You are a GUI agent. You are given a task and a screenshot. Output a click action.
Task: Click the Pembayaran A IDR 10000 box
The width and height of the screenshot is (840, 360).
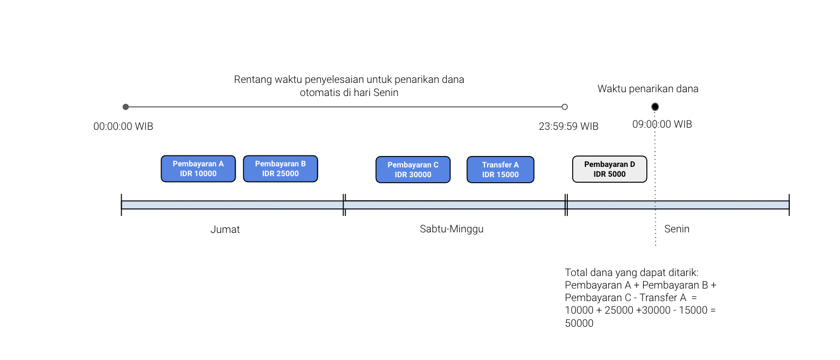coord(199,169)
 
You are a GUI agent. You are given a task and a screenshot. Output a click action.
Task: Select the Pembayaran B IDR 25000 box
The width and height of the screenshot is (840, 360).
coord(280,169)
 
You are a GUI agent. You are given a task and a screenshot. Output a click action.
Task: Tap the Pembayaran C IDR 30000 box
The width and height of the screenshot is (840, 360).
coord(413,170)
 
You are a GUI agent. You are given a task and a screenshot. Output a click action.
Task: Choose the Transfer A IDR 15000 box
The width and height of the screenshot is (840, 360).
coord(500,170)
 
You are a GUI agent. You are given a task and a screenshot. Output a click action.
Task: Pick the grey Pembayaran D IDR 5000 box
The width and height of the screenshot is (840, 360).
coord(609,169)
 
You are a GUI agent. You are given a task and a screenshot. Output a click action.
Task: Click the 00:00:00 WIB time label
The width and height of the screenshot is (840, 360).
coord(123,127)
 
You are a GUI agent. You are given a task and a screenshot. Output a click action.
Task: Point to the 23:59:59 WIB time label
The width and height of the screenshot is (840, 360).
coord(568,127)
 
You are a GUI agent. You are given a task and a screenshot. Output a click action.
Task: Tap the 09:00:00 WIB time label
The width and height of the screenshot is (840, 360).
coord(662,124)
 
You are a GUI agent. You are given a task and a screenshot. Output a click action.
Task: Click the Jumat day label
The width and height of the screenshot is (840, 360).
coord(225,230)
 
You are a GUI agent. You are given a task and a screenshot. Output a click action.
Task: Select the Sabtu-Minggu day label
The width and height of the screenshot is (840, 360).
coord(452,229)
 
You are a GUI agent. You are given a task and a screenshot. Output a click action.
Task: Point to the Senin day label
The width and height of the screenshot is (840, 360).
coord(677,229)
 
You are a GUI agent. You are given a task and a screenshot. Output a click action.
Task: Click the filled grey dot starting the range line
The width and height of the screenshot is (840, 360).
coord(125,107)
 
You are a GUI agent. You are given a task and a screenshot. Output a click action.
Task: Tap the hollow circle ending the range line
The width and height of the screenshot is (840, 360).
coord(565,107)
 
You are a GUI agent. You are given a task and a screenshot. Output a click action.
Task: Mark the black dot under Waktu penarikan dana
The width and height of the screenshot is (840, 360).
coord(655,107)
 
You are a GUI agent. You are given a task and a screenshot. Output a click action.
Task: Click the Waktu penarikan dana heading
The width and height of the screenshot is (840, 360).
coord(647,89)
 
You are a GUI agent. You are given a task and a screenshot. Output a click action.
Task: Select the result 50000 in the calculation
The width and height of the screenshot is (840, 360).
coord(579,323)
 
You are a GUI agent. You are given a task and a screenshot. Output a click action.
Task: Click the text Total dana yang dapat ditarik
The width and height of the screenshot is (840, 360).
coord(632,273)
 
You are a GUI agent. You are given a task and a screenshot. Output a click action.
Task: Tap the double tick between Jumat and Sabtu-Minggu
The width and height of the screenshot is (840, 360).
coord(344,205)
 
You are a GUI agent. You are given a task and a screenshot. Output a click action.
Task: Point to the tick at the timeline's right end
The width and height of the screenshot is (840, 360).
coord(789,205)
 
